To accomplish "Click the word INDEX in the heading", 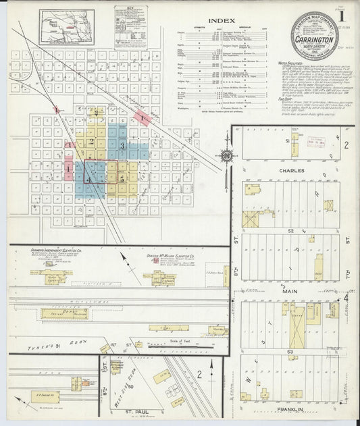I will point(221,21).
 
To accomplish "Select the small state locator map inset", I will point(66,27).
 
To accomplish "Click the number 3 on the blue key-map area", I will point(122,146).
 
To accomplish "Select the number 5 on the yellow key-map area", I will point(122,180).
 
